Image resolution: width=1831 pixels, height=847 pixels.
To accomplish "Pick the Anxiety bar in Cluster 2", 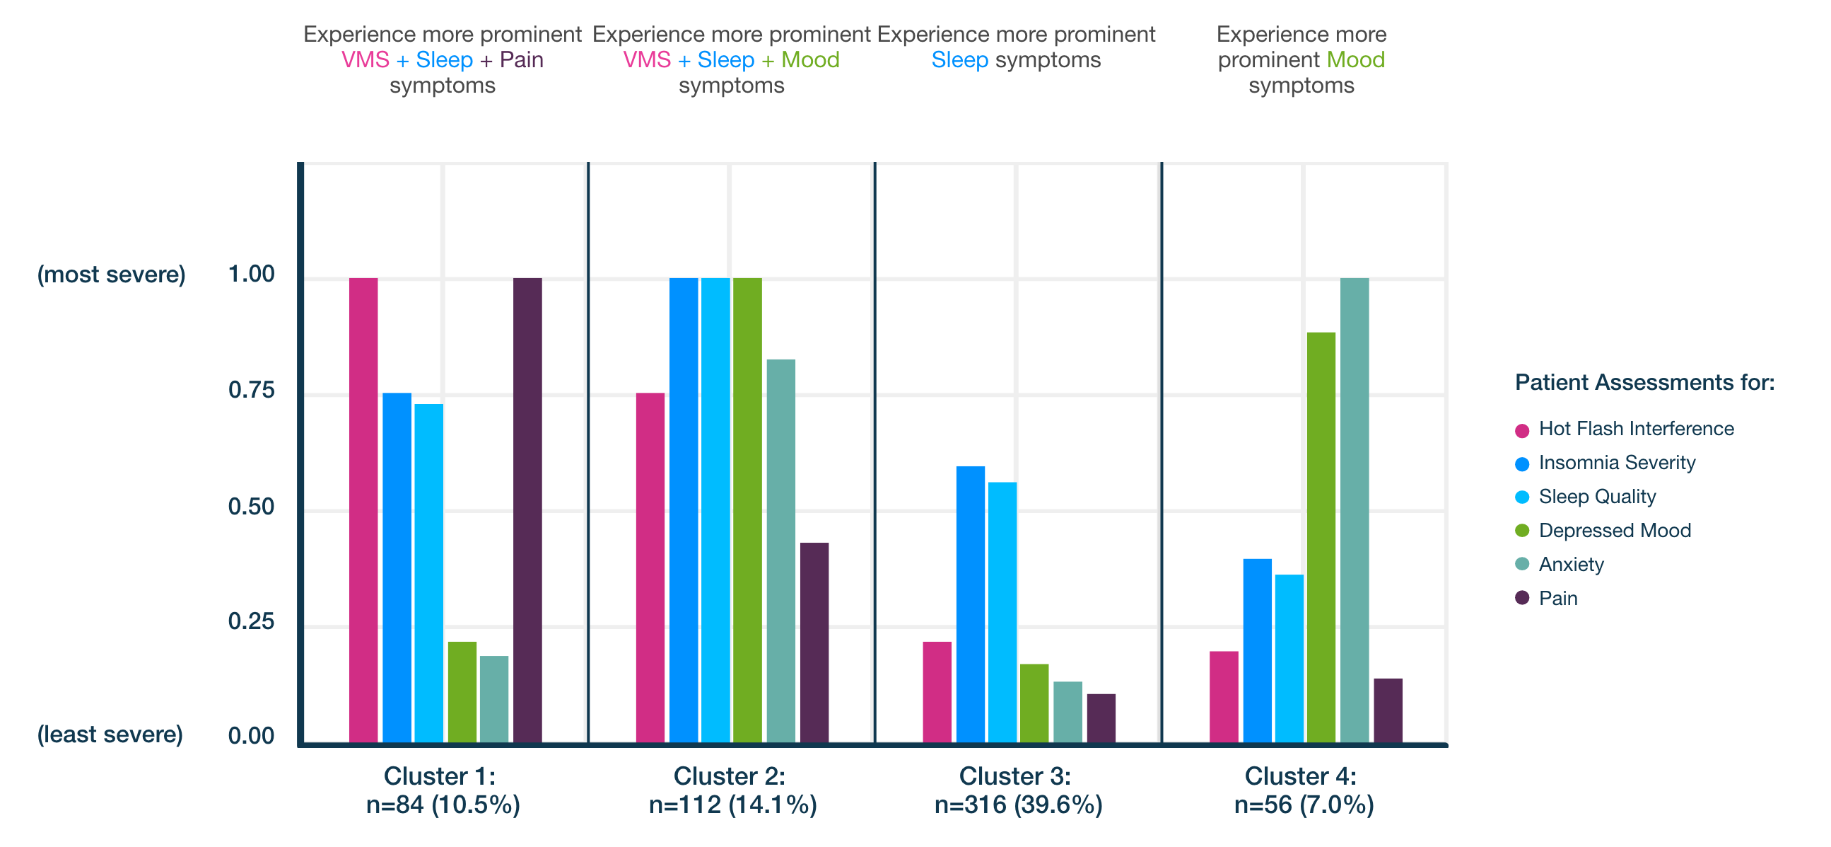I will (780, 551).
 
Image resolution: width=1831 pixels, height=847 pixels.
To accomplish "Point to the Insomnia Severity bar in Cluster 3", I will (970, 604).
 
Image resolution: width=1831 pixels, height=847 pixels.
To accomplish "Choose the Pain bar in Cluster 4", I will (1388, 710).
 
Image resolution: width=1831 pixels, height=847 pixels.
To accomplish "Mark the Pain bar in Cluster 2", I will (814, 643).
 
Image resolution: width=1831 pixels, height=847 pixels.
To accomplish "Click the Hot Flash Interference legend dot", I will (1522, 430).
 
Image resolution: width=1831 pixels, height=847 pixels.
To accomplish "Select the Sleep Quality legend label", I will (1596, 497).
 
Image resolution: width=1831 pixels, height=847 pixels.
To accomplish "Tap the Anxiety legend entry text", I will (1571, 564).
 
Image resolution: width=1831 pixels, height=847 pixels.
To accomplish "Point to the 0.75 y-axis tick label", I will (251, 390).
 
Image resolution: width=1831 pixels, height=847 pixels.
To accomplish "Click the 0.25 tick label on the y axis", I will (251, 621).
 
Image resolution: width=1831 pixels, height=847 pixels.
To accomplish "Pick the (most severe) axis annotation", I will (112, 274).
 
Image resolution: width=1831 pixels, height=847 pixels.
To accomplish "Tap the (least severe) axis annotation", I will (110, 734).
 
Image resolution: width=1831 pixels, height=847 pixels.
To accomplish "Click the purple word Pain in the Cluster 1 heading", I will (521, 59).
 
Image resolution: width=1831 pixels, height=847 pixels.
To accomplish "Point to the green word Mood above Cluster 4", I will (1355, 59).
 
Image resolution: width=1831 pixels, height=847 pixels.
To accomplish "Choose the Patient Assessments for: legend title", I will (1644, 382).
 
